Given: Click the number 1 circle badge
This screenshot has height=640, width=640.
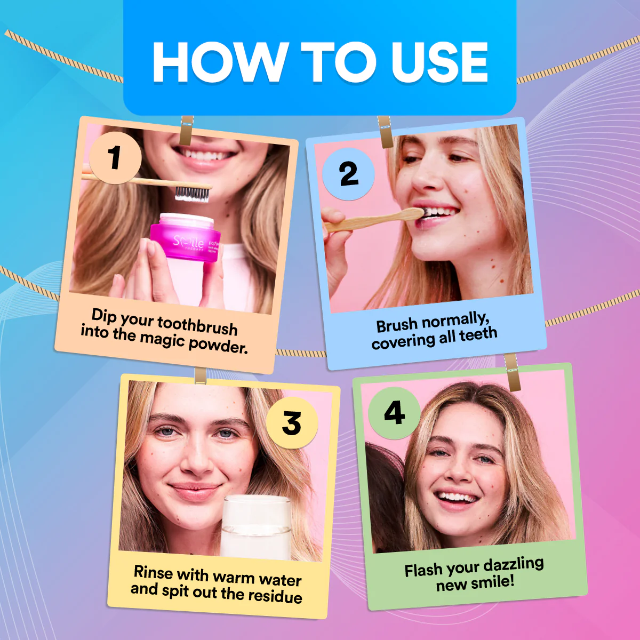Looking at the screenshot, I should [115, 158].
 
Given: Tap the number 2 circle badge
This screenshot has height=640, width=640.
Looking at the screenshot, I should [348, 174].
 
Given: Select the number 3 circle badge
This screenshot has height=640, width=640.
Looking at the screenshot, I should [292, 423].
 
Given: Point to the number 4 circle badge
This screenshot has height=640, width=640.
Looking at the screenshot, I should [394, 413].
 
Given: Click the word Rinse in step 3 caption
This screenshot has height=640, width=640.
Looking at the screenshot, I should [153, 572].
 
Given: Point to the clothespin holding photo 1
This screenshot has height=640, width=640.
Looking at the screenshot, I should [187, 131].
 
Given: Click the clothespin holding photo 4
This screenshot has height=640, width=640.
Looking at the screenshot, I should [513, 372].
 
